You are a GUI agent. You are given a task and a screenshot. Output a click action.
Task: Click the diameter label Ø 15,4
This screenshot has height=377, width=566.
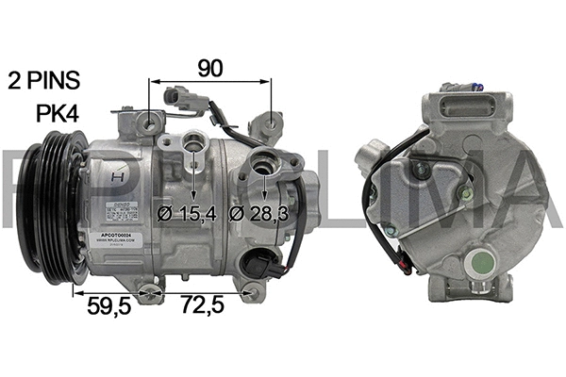[x=187, y=213]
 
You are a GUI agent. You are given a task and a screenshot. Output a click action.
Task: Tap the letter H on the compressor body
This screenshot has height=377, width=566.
[x=117, y=175]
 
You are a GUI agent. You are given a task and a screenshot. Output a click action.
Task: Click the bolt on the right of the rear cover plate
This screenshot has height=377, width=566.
[x=466, y=195]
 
